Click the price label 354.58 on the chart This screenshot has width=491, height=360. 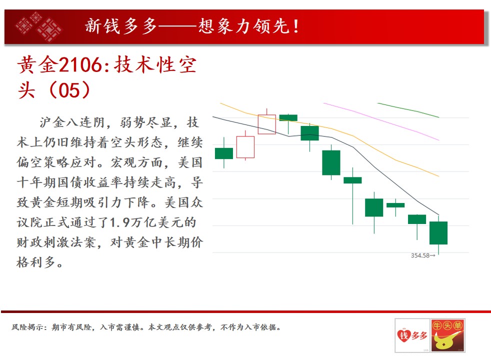(420, 255)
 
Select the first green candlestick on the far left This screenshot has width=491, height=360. (224, 153)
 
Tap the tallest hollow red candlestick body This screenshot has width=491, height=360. (245, 147)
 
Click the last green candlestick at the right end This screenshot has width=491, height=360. (438, 233)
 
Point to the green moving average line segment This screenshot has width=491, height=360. (408, 109)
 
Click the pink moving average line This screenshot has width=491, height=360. (381, 121)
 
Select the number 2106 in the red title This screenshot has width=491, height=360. (80, 65)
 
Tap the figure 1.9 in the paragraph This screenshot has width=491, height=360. (120, 222)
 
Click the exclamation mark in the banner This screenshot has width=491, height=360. (296, 26)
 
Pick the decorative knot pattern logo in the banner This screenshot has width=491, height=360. (39, 26)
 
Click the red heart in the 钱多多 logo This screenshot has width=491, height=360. (403, 335)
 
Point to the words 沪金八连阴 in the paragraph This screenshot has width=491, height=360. (72, 122)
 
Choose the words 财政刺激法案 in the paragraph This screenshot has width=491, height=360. (56, 242)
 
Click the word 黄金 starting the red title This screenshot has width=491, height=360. (37, 65)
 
